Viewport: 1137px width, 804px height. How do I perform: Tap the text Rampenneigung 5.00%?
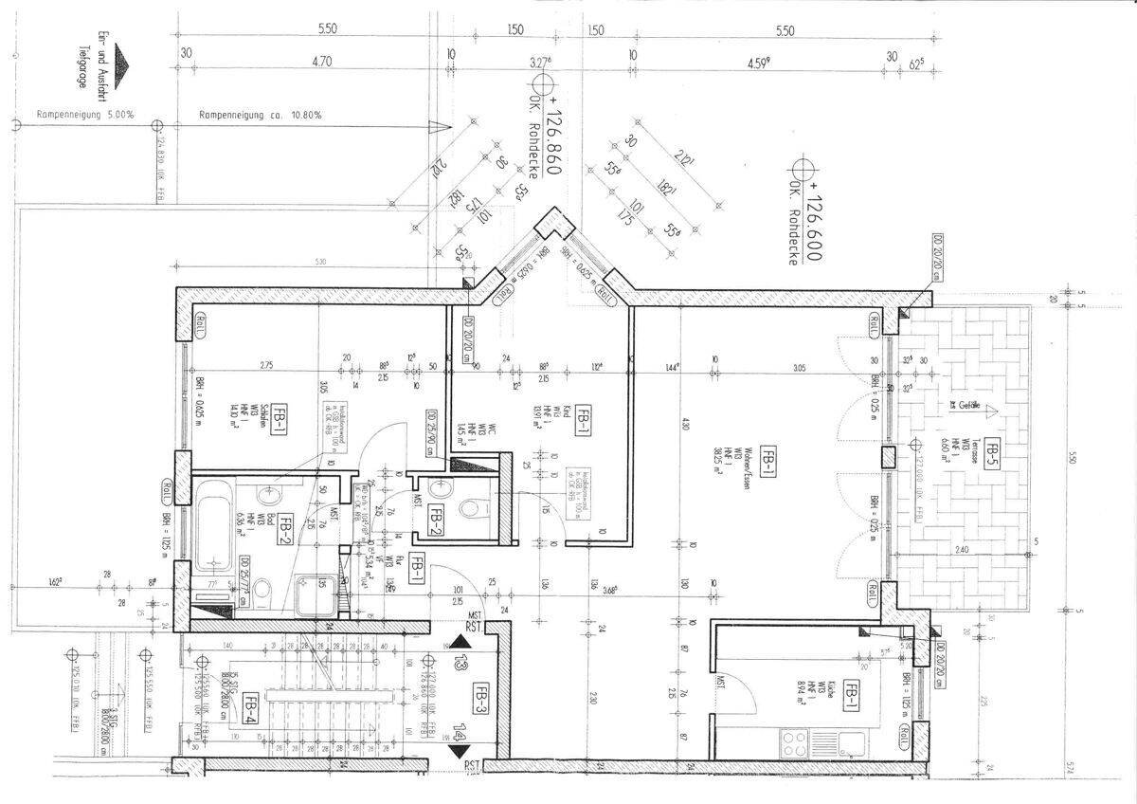tap(85, 115)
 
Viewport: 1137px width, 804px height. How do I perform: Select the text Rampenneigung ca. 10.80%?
tap(261, 115)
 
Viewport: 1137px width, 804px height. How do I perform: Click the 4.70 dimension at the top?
tap(321, 63)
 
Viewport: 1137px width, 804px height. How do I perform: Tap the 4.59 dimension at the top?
tap(758, 64)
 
